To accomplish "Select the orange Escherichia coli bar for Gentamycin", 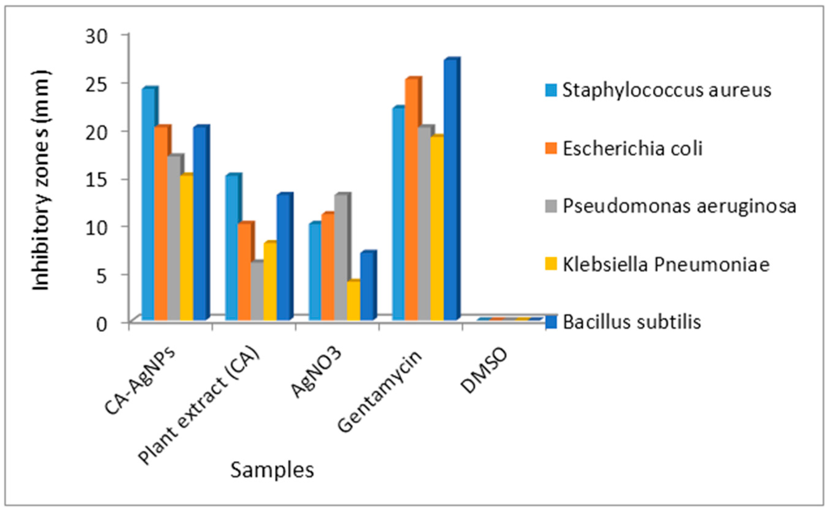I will (411, 199).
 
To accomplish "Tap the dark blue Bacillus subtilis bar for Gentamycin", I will (450, 189).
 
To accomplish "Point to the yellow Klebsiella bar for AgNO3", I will (353, 301).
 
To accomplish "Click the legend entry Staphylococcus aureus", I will (667, 90).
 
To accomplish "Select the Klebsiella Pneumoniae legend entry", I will (666, 265).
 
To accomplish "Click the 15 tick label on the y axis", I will (97, 180).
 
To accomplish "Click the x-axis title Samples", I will (272, 470).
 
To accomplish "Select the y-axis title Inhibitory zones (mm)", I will (41, 181).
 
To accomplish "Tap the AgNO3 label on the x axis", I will (316, 372).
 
